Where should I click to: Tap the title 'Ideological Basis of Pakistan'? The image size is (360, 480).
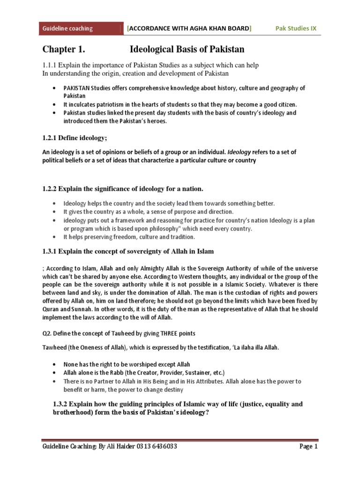pos(187,49)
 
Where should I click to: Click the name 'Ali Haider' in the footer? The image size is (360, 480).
pos(117,447)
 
